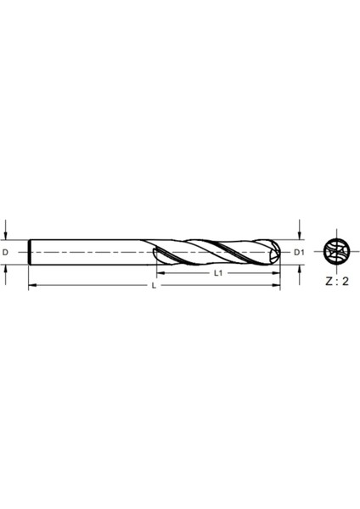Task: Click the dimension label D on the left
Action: click(6, 253)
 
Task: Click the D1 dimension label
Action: click(299, 253)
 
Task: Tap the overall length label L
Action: click(154, 287)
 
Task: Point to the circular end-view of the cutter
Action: click(336, 253)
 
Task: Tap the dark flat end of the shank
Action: click(30, 252)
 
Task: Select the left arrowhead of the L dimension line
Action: click(32, 287)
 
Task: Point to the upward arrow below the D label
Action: click(6, 270)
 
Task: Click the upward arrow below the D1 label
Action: click(299, 270)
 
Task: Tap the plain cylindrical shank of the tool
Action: click(93, 252)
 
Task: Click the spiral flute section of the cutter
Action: click(217, 252)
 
